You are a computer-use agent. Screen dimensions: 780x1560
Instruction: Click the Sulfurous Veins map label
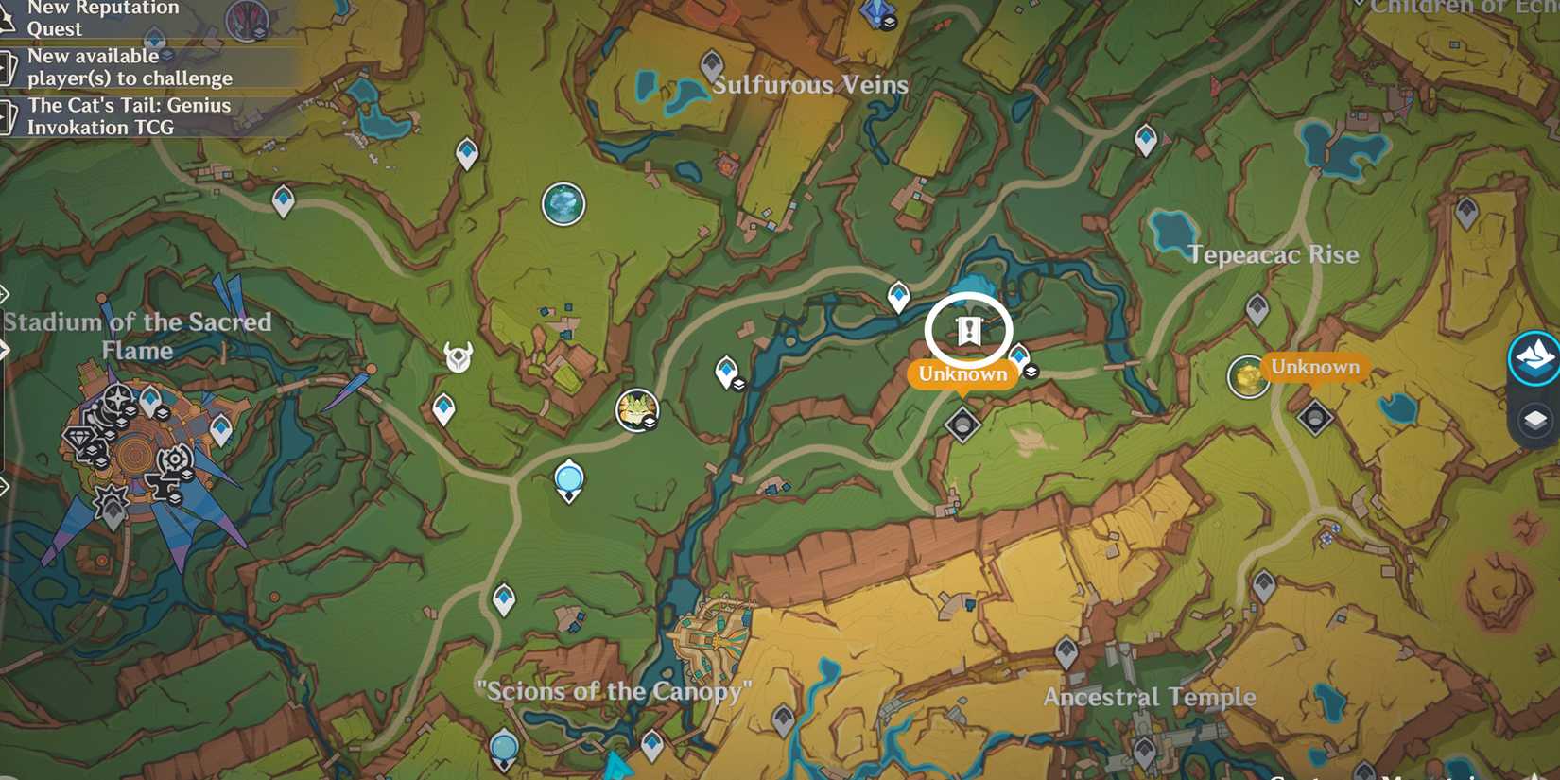pos(810,85)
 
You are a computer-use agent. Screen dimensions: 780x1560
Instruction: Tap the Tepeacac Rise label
pos(1273,254)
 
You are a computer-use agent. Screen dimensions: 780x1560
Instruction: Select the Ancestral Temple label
pos(1150,697)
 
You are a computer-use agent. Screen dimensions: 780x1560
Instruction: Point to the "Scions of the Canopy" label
pos(615,691)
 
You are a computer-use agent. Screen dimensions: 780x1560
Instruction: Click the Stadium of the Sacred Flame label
pos(137,336)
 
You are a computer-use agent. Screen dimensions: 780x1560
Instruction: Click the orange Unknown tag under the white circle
pos(962,374)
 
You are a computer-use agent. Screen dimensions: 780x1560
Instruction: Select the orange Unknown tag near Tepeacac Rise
pos(1314,367)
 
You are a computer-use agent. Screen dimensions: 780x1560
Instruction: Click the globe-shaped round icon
pos(563,204)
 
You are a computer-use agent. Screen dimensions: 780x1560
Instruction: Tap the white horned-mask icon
pos(459,356)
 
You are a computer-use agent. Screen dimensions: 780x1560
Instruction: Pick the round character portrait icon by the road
pos(636,409)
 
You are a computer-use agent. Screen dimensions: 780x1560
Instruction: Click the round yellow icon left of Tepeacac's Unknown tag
pos(1247,376)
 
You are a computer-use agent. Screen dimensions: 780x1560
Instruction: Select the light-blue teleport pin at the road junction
pos(569,480)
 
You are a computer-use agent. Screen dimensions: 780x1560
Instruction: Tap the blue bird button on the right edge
pos(1534,357)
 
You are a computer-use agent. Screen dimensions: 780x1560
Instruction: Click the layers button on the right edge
pos(1534,420)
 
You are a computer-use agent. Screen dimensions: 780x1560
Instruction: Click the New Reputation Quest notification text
pos(102,18)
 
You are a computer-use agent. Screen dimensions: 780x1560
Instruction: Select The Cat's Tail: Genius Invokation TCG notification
pos(129,116)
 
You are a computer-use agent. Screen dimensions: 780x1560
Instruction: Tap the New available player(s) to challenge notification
pos(130,67)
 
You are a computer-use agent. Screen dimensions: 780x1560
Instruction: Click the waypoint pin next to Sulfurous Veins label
pos(712,66)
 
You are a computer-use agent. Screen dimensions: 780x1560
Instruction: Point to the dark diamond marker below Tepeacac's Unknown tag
pos(1314,416)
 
